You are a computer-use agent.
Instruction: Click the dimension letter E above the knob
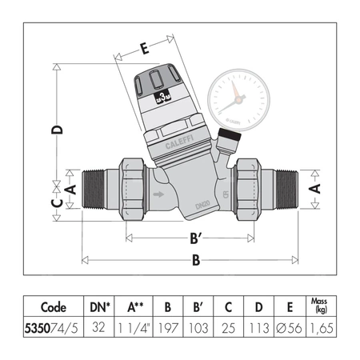[144, 49]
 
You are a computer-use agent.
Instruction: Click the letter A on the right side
[315, 189]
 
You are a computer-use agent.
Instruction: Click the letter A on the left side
[70, 189]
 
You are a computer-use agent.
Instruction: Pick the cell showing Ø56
[283, 326]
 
